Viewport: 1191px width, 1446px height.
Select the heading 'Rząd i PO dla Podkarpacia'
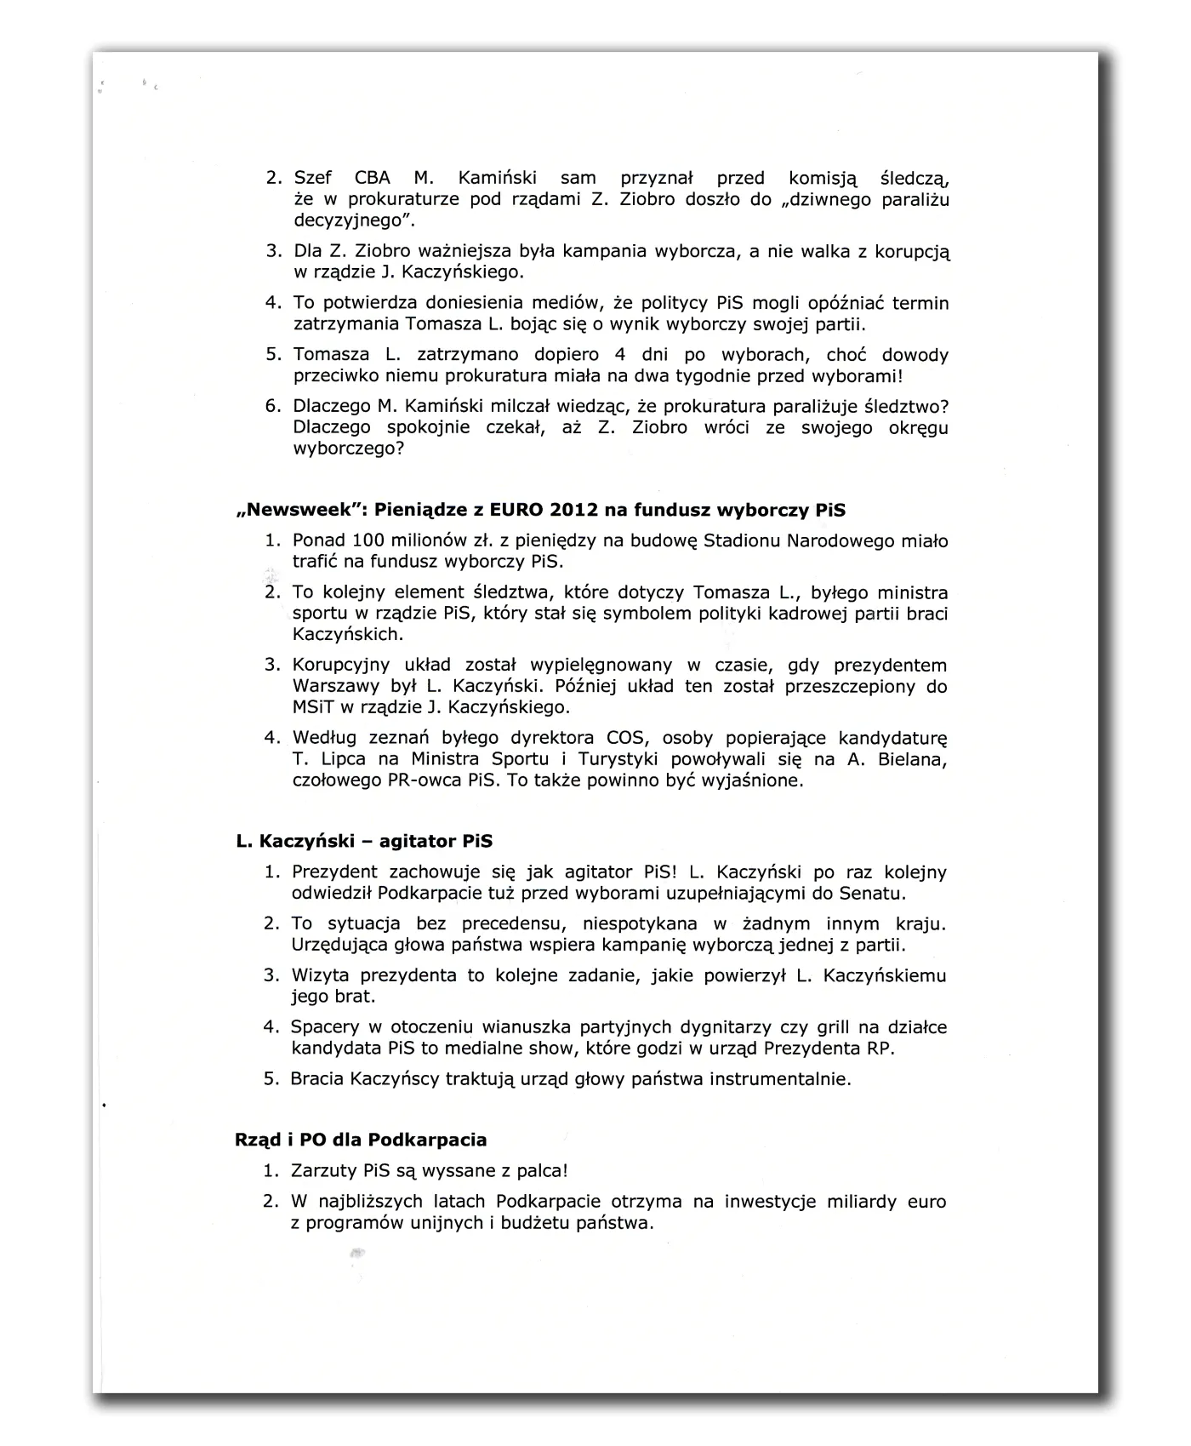pyautogui.click(x=361, y=1140)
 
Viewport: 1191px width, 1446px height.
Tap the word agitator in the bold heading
pyautogui.click(x=419, y=841)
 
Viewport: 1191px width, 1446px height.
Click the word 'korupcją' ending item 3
pyautogui.click(x=913, y=252)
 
